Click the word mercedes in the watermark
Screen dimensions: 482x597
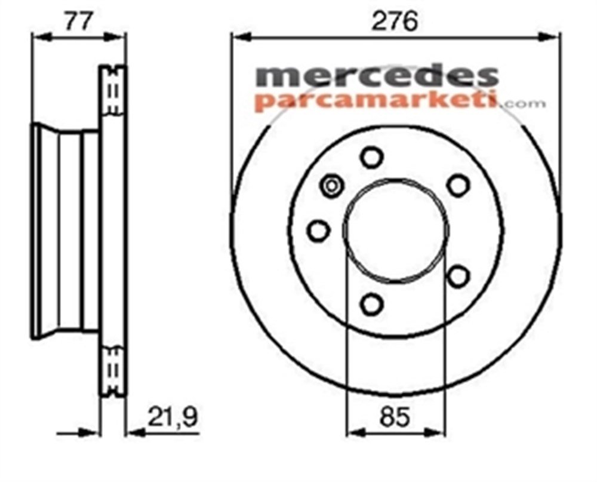pyautogui.click(x=377, y=76)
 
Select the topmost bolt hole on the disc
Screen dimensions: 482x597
pyautogui.click(x=371, y=158)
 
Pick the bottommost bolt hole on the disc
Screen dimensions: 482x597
pyautogui.click(x=371, y=303)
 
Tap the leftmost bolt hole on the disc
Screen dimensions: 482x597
pyautogui.click(x=318, y=230)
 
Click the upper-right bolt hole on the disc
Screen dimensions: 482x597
pyautogui.click(x=458, y=185)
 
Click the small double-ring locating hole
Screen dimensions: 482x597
pyautogui.click(x=331, y=185)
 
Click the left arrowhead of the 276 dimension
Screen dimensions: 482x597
pyautogui.click(x=237, y=37)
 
